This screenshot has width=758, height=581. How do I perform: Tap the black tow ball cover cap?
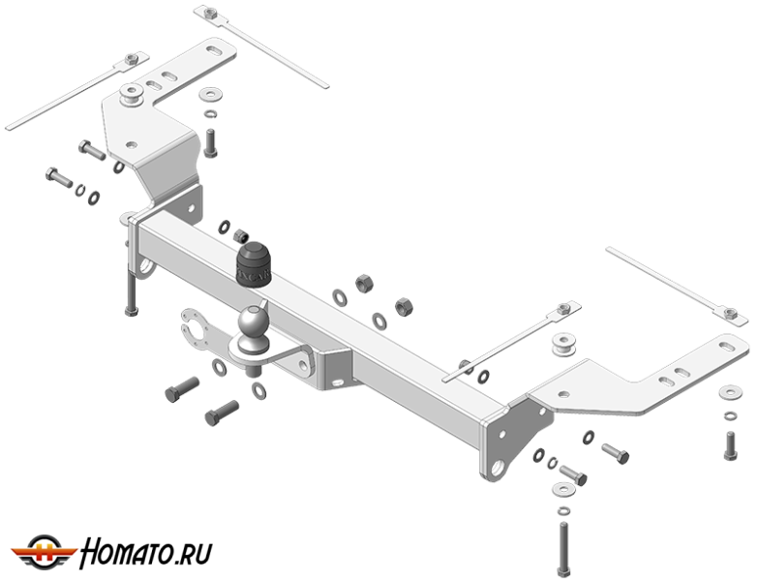pyautogui.click(x=254, y=263)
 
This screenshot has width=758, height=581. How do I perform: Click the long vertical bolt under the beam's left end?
pyautogui.click(x=130, y=287)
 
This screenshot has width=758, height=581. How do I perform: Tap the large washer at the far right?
pyautogui.click(x=729, y=394)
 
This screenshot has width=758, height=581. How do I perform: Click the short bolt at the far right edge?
pyautogui.click(x=731, y=443)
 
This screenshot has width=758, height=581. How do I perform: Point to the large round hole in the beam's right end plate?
pyautogui.click(x=496, y=467)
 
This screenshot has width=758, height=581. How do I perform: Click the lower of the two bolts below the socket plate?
pyautogui.click(x=222, y=414)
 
